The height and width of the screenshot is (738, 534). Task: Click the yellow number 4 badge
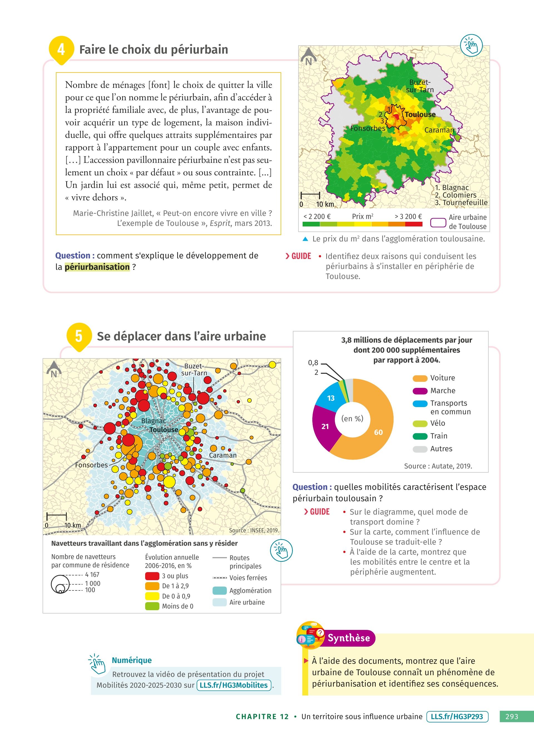pos(61,49)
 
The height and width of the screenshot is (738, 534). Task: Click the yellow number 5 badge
pos(79,336)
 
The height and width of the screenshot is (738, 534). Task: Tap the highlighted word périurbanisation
pos(97,267)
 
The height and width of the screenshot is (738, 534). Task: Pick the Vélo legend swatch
pos(420,423)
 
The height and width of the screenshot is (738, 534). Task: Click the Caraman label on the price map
pos(439,130)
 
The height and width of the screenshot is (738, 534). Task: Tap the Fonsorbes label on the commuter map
pos(91,465)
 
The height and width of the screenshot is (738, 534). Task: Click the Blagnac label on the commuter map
pos(153,421)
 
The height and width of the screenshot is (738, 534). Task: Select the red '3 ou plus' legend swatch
pos(152,576)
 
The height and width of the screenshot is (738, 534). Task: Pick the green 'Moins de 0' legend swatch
pos(152,606)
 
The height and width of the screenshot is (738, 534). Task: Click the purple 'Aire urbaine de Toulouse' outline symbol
pos(438,223)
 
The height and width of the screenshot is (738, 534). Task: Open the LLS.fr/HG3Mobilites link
pos(234,685)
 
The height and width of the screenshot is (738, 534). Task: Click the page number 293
pos(511,717)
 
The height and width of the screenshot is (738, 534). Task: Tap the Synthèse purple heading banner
pos(348,638)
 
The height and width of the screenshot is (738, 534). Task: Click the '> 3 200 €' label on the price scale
pos(408,216)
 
